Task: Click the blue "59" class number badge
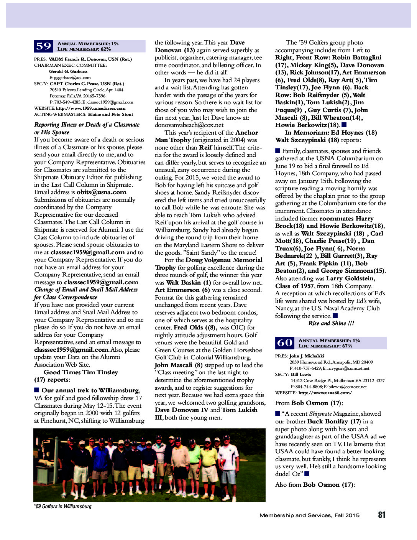(x=44, y=46)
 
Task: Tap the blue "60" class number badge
(x=285, y=343)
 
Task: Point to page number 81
(x=381, y=515)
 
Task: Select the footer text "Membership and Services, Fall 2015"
(x=309, y=515)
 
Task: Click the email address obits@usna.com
(x=101, y=192)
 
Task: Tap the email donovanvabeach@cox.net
(x=189, y=125)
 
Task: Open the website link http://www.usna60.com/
(x=325, y=393)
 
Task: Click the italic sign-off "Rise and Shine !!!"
(x=331, y=323)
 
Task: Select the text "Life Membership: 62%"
(x=84, y=49)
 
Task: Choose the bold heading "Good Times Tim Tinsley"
(x=81, y=372)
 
